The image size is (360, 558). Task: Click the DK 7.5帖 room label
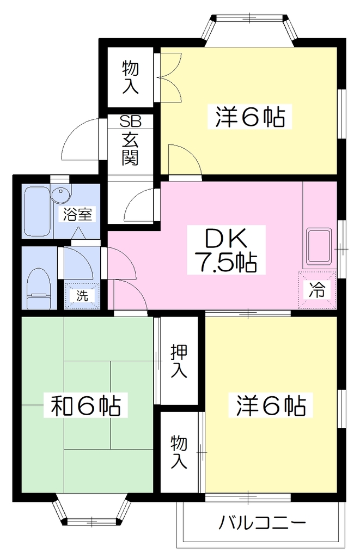226,250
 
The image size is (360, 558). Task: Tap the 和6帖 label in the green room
86,405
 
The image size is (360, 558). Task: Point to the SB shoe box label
130,122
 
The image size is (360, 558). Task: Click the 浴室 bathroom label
77,214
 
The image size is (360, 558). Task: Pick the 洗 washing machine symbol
82,295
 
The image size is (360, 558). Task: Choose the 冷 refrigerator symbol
317,290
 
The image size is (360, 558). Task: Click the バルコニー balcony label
262,523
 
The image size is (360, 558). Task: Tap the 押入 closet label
179,362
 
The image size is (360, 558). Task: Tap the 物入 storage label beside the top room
131,77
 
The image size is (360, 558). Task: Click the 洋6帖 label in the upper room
250,117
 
